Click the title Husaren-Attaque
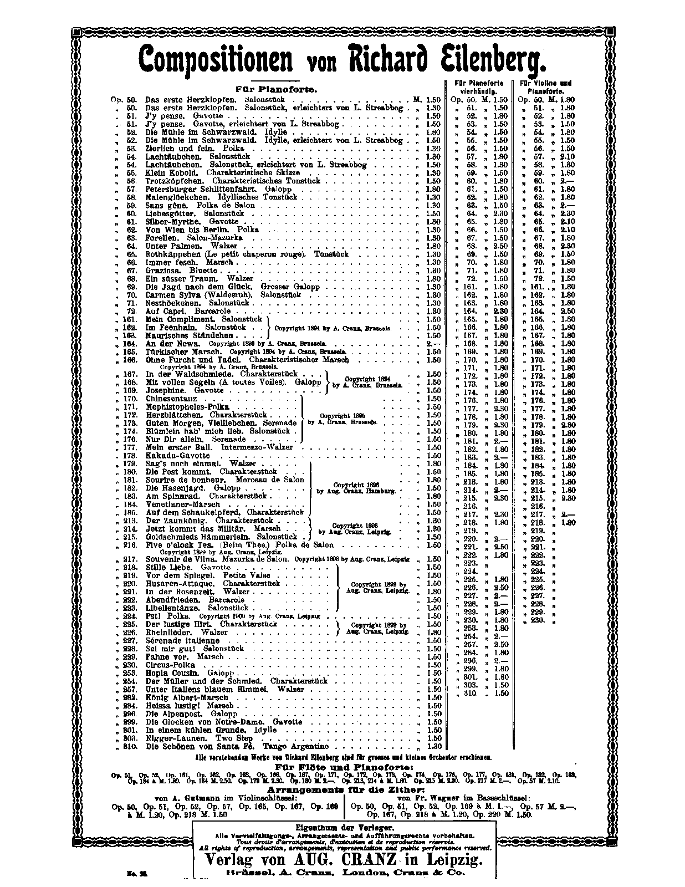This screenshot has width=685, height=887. click(x=180, y=584)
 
